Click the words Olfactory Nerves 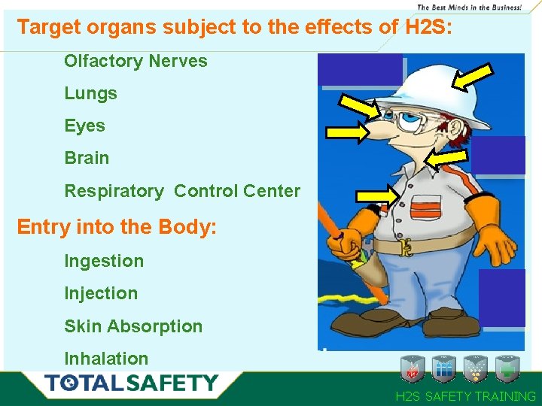tap(135, 61)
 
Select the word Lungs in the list tap(90, 93)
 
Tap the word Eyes tap(84, 126)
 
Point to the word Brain tap(87, 158)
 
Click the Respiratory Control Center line tap(182, 191)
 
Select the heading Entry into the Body tap(117, 226)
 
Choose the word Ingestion tap(104, 261)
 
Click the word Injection tap(101, 293)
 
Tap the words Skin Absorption tap(133, 326)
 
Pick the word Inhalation tap(106, 359)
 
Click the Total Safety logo tap(132, 383)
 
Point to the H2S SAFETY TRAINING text tap(466, 396)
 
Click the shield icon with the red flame tap(413, 368)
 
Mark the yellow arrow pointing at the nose tap(348, 133)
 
